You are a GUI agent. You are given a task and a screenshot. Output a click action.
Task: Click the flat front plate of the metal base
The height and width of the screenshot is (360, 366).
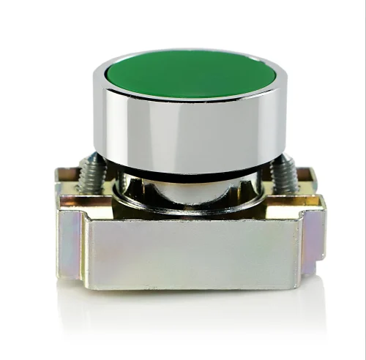coord(192,252)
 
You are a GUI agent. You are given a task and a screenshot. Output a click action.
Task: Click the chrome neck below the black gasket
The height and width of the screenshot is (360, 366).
coord(189,192)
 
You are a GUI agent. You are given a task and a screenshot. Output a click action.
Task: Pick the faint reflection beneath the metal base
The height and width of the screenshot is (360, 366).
coord(192,307)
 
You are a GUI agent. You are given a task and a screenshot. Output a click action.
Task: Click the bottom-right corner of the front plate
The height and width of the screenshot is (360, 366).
coord(301,284)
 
